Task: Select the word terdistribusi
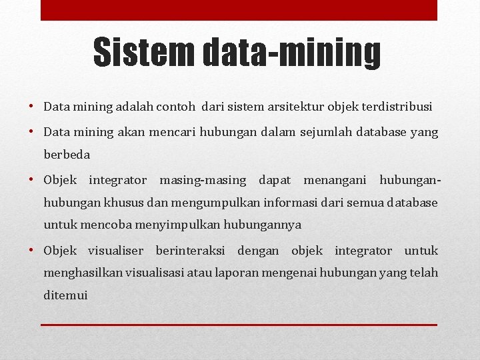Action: [x=395, y=106]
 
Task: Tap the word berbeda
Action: [x=67, y=154]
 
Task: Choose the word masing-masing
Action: [x=203, y=180]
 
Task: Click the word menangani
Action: [x=335, y=180]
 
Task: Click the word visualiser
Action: [x=116, y=251]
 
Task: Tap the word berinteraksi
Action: [x=189, y=251]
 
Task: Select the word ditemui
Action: [x=65, y=295]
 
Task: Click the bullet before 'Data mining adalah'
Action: [x=32, y=107]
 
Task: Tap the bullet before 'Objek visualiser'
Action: [x=32, y=251]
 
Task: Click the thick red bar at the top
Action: [x=239, y=10]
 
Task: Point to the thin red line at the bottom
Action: [x=239, y=325]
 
